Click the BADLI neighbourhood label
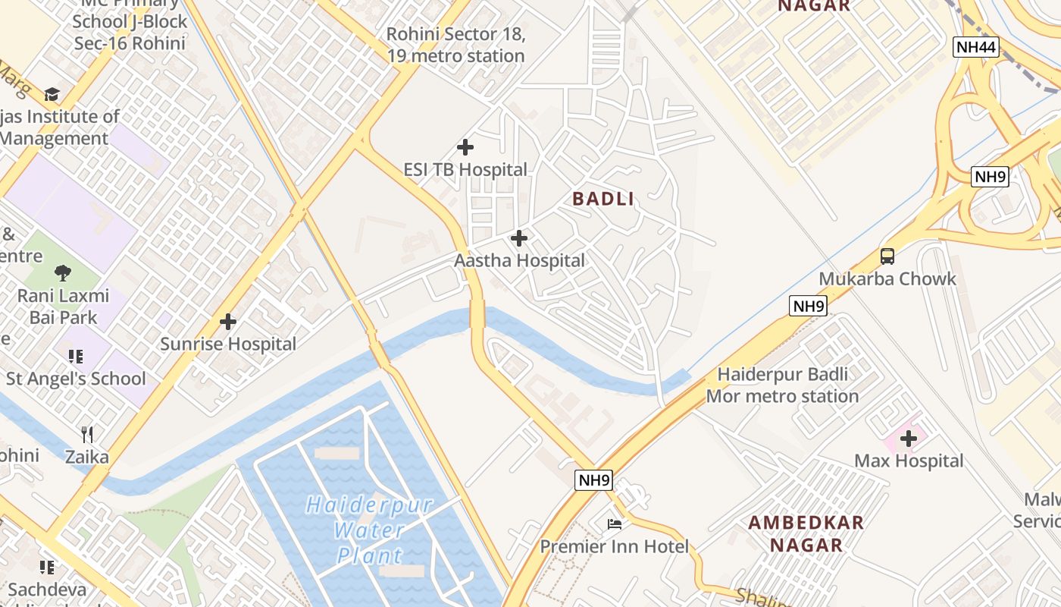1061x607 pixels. pyautogui.click(x=602, y=199)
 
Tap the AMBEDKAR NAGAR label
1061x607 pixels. pyautogui.click(x=806, y=533)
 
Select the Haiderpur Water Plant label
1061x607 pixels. pyautogui.click(x=370, y=530)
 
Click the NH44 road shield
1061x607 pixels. pyautogui.click(x=975, y=48)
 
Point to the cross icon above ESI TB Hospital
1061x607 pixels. pyautogui.click(x=465, y=147)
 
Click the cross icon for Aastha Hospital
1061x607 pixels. pyautogui.click(x=519, y=239)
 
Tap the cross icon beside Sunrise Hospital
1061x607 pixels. pyautogui.click(x=228, y=322)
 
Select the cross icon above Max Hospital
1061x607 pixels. pyautogui.click(x=909, y=438)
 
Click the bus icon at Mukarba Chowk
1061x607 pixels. pyautogui.click(x=887, y=256)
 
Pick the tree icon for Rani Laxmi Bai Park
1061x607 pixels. pyautogui.click(x=63, y=273)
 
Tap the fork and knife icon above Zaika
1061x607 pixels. pyautogui.click(x=87, y=435)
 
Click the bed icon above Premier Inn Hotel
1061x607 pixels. pyautogui.click(x=614, y=524)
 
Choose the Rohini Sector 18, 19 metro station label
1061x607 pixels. pyautogui.click(x=455, y=45)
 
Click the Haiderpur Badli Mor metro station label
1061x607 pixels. pyautogui.click(x=782, y=385)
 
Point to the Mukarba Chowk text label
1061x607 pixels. pyautogui.click(x=887, y=278)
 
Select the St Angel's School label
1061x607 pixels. pyautogui.click(x=76, y=379)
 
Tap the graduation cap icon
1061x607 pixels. pyautogui.click(x=52, y=94)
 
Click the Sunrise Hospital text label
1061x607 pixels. pyautogui.click(x=228, y=344)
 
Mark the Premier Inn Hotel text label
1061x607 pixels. pyautogui.click(x=614, y=546)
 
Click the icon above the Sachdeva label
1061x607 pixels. pyautogui.click(x=47, y=567)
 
